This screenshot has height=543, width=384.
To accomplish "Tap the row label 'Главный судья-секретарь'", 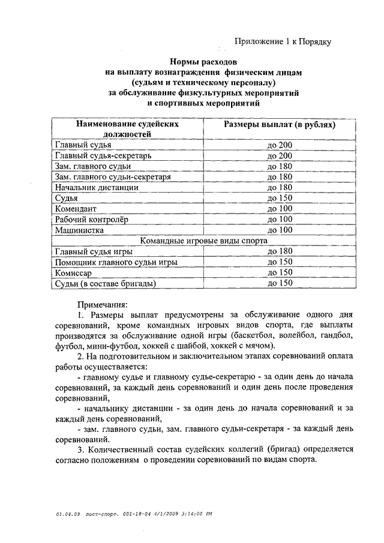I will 96,155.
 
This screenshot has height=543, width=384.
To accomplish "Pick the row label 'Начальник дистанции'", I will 97,187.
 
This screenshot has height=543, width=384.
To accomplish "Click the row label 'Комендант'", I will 76,209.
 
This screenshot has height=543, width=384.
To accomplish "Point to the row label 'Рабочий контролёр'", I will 89,219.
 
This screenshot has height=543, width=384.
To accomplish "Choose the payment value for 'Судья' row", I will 280,198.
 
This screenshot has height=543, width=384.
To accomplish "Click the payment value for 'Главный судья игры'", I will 280,251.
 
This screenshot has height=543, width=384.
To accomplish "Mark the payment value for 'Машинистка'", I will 280,230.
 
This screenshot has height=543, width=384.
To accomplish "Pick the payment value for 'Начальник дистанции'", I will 280,187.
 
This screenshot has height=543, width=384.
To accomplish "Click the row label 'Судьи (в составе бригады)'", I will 105,283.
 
